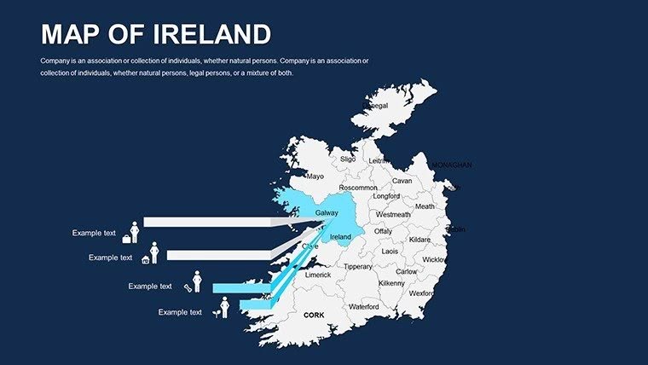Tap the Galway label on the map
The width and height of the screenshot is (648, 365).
coord(327,213)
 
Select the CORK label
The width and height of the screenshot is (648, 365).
coord(314,315)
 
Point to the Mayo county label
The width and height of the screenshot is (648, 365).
coord(315,177)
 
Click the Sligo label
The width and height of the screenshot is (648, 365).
coord(348,159)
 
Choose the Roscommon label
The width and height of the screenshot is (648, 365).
coord(358,188)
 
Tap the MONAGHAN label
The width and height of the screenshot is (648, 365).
coord(452,165)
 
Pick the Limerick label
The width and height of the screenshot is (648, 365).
coord(318,275)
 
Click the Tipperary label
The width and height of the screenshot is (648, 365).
coord(357,267)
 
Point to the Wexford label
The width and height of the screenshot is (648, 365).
coord(421,293)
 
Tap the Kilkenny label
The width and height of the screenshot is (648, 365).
coord(391,283)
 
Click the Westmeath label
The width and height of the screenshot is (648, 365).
coord(393,215)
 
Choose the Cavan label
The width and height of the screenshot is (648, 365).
coord(402,181)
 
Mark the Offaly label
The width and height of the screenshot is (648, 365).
coord(383,231)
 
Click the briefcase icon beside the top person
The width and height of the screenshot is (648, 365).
coord(127,239)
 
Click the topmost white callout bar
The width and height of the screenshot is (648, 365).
coord(205,222)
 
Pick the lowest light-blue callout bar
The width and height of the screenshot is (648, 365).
coord(252,304)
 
